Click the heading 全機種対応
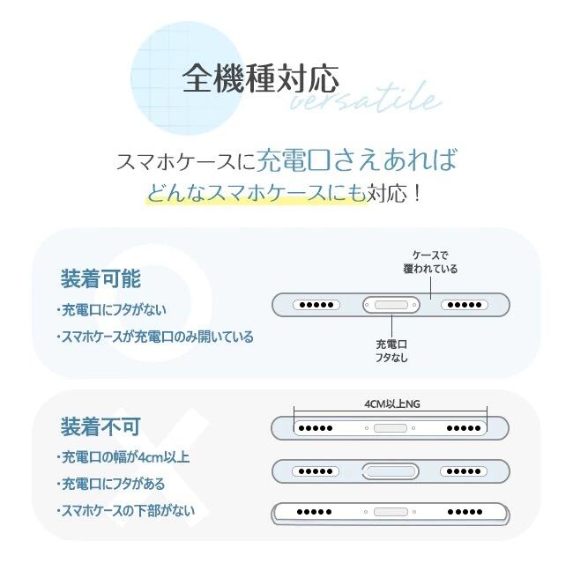[x=261, y=79]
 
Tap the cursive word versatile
[x=365, y=100]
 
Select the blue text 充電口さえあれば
[x=357, y=160]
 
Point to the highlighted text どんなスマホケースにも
[x=256, y=192]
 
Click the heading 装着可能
[x=100, y=279]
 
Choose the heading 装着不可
[x=100, y=427]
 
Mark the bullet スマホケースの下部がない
[x=125, y=510]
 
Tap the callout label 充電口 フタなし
[x=391, y=351]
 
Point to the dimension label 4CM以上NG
[x=391, y=404]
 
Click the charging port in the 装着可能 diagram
[x=391, y=305]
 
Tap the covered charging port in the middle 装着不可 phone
[x=390, y=470]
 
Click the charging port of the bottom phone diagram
[x=390, y=511]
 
